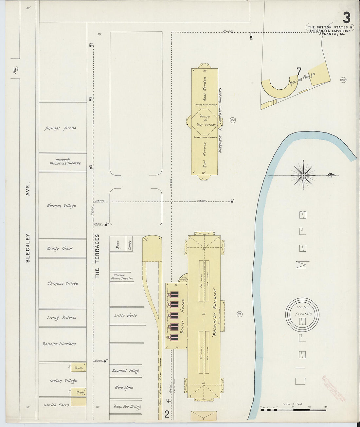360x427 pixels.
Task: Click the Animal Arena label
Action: [60, 128]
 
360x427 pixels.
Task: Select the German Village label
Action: [62, 206]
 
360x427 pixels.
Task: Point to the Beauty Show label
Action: [60, 248]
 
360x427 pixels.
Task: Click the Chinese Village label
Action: [63, 283]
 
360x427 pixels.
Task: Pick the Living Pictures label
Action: [62, 317]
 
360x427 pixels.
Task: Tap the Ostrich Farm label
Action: [56, 405]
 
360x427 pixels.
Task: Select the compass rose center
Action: [303, 175]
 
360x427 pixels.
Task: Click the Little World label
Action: [126, 315]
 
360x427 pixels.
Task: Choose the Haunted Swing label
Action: [125, 371]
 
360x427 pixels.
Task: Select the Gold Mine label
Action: [124, 388]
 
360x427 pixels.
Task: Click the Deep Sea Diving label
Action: [127, 407]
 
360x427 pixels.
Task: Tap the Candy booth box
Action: [130, 245]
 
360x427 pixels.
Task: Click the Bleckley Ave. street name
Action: [28, 222]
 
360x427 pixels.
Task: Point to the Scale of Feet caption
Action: [293, 404]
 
